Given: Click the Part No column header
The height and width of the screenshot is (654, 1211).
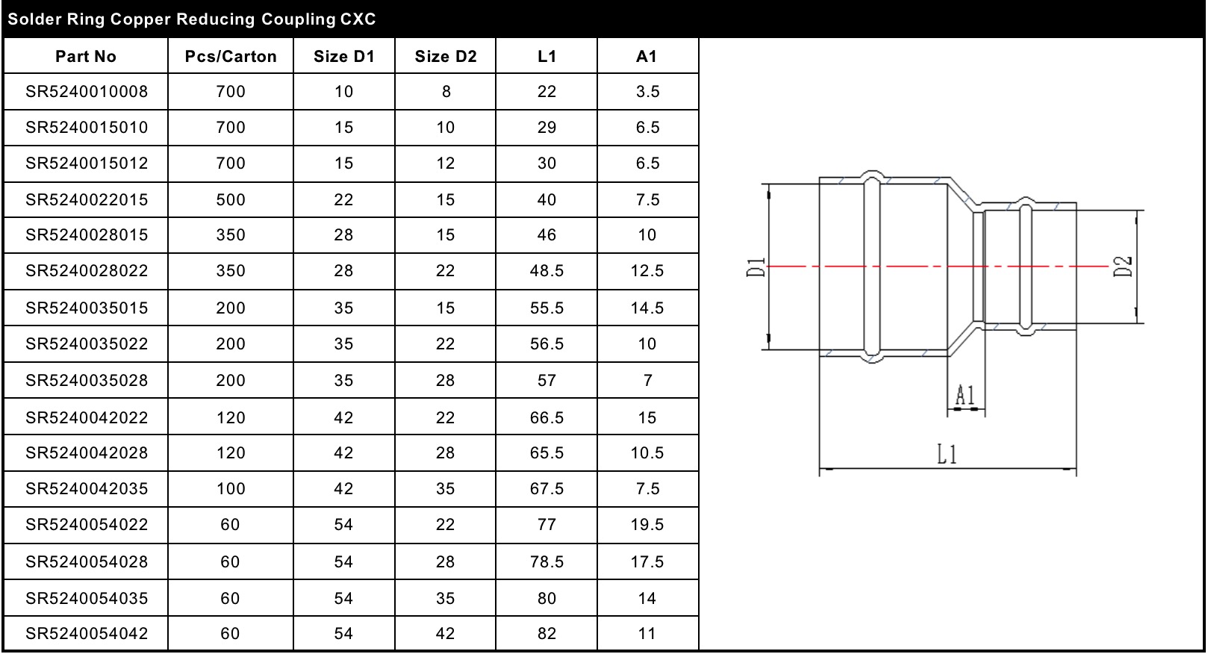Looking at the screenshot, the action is (x=85, y=56).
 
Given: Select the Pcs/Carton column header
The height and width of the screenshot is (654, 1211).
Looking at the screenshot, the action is (x=230, y=56).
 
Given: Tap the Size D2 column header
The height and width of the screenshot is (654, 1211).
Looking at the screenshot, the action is (x=446, y=56).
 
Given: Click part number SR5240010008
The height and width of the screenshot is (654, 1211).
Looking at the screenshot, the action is (x=87, y=91).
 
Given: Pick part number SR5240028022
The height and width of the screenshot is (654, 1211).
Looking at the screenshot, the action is (x=87, y=270).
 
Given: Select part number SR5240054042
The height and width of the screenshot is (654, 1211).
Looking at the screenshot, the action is (x=87, y=633).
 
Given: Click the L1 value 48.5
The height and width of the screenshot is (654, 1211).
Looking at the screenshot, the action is (x=547, y=270).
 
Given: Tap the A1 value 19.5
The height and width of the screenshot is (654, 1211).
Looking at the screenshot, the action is (x=647, y=524).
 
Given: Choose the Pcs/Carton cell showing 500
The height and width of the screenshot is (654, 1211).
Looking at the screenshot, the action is (x=230, y=199).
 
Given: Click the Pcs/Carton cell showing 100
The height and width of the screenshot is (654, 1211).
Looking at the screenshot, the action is (x=230, y=488).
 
